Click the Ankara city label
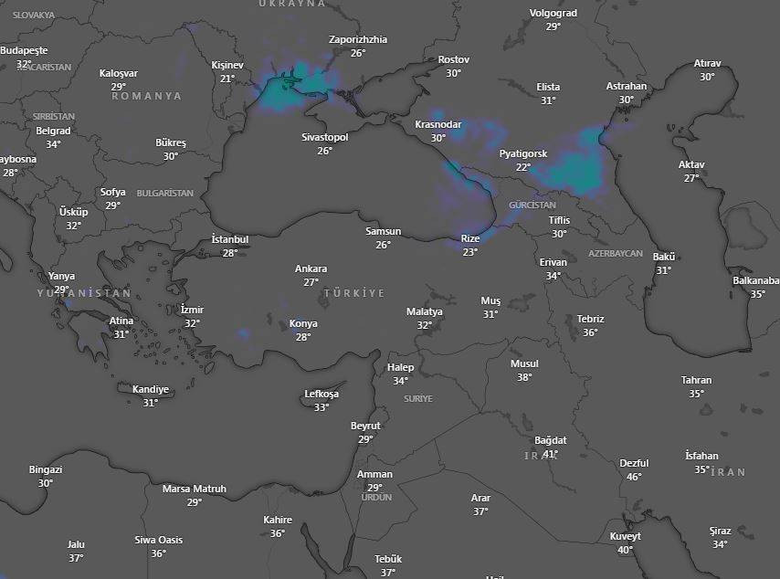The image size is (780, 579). tap(311, 269)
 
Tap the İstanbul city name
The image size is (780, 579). tap(229, 239)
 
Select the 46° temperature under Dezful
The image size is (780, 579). tap(634, 477)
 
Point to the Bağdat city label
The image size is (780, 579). tap(551, 440)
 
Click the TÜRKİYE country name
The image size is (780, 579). tap(353, 293)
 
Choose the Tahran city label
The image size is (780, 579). tap(696, 380)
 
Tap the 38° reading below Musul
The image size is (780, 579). tap(524, 377)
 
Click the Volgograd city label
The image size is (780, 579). tap(553, 14)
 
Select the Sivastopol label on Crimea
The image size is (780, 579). tap(325, 137)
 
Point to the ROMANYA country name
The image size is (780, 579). tap(146, 96)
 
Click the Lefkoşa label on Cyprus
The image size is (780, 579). tap(321, 394)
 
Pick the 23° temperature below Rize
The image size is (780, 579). tap(469, 252)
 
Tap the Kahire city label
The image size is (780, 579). tap(278, 520)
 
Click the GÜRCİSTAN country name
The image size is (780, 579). tap(532, 205)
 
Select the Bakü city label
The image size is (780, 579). tap(663, 257)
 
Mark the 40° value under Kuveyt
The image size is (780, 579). tap(626, 550)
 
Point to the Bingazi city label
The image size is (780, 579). tap(46, 469)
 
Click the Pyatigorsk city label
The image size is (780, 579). tap(523, 153)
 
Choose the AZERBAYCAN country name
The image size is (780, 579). tap(616, 253)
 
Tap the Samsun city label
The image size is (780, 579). tap(383, 231)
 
